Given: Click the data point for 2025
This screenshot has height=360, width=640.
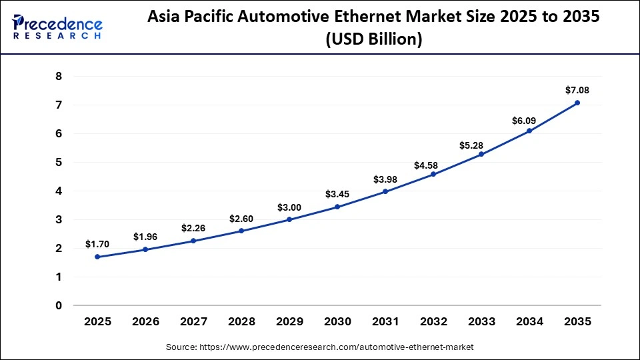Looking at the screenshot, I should pyautogui.click(x=97, y=257).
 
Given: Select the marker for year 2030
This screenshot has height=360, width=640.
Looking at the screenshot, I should pyautogui.click(x=337, y=207).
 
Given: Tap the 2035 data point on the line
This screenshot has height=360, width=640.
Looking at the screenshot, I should pyautogui.click(x=577, y=103).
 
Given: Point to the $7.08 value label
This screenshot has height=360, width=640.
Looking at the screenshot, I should pyautogui.click(x=577, y=90).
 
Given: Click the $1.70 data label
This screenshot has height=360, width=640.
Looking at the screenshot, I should pyautogui.click(x=97, y=245).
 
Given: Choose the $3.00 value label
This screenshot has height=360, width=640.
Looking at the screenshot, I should pyautogui.click(x=289, y=207).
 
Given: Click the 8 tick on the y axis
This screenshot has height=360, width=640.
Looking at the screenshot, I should pyautogui.click(x=59, y=77).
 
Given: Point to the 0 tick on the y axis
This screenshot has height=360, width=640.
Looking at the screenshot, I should pyautogui.click(x=59, y=306).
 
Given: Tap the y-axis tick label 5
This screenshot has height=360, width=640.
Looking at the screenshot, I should pyautogui.click(x=59, y=163).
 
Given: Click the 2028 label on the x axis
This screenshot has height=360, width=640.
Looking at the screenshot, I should pyautogui.click(x=241, y=322).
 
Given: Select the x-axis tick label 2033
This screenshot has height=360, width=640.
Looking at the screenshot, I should pyautogui.click(x=481, y=322).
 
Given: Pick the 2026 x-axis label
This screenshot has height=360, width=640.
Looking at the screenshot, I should pyautogui.click(x=145, y=322).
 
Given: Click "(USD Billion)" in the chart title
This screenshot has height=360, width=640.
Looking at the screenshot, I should pyautogui.click(x=373, y=40).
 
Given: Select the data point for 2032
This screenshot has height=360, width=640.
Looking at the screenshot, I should pyautogui.click(x=433, y=174).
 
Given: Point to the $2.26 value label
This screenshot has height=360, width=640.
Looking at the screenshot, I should pyautogui.click(x=193, y=229).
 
